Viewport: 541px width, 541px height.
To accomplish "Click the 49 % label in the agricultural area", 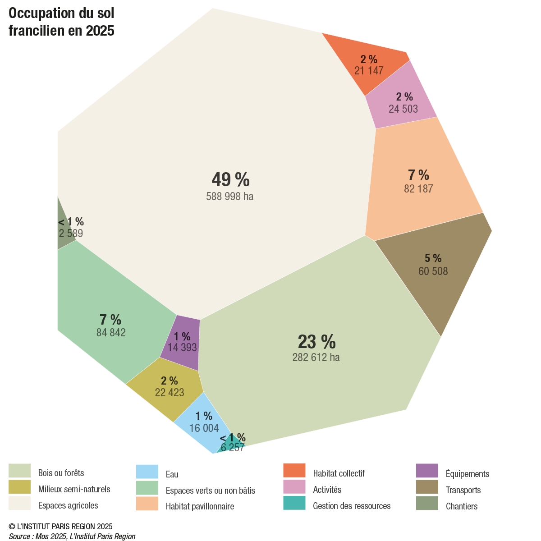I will (x=230, y=179).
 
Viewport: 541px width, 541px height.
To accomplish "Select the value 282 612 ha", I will (x=316, y=358).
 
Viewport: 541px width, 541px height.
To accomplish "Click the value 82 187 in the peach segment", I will (x=418, y=189).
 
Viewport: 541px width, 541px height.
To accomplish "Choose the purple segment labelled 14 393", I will (x=182, y=343).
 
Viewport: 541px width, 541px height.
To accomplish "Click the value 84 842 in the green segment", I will (x=111, y=333).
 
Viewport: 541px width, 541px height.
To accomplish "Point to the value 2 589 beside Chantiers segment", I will (x=71, y=234).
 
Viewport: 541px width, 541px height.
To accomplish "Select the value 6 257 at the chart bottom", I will (x=233, y=448).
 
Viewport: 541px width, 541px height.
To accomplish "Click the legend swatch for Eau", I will (x=147, y=472).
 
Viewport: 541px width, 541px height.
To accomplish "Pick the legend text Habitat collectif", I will (x=339, y=473).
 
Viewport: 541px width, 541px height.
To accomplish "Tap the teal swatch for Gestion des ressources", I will (x=294, y=503).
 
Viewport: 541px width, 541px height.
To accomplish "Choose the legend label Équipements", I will (x=467, y=474).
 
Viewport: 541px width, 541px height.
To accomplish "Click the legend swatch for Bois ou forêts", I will (x=19, y=471).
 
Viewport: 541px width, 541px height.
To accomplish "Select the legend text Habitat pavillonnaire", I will (x=200, y=506).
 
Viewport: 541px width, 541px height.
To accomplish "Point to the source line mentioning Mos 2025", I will (x=72, y=536).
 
